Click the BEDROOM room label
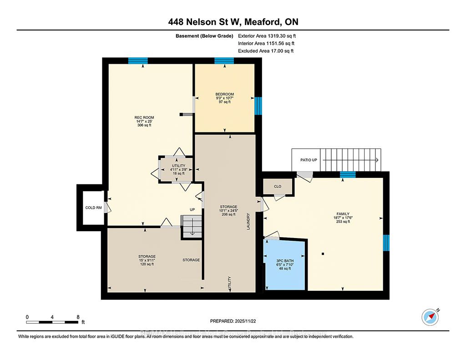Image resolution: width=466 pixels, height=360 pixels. [225, 94]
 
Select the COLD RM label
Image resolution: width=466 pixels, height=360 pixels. [93, 208]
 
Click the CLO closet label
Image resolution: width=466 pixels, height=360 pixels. [278, 186]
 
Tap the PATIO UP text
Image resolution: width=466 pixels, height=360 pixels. [309, 160]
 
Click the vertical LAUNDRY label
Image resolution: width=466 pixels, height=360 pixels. [249, 221]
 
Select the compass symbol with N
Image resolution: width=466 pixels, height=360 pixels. [430, 316]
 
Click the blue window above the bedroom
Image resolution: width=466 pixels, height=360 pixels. [224, 61]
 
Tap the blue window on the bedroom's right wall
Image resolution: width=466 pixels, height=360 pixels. [258, 106]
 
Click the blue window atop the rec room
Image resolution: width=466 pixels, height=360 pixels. [137, 61]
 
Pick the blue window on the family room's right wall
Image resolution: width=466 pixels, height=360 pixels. [386, 243]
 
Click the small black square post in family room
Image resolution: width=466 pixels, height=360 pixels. [323, 254]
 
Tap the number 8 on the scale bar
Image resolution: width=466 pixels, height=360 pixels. [78, 317]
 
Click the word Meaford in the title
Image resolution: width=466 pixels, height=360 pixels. [266, 21]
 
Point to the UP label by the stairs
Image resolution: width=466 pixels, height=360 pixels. [192, 210]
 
